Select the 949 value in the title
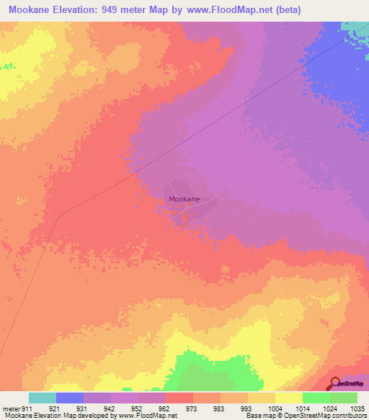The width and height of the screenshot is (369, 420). [124, 9]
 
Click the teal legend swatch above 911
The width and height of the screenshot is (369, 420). [43, 398]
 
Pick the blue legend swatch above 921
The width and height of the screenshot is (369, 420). [70, 398]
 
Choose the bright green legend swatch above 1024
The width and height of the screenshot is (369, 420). [316, 398]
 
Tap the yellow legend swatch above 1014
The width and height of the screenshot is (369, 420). [288, 398]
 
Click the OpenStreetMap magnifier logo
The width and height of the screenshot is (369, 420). [334, 383]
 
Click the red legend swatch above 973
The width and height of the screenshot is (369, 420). [179, 398]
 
